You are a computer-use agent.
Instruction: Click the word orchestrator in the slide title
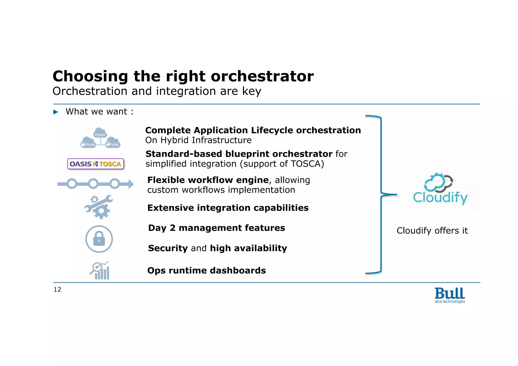pos(262,76)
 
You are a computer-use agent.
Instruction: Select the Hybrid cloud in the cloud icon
pos(100,134)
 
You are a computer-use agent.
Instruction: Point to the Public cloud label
pos(114,144)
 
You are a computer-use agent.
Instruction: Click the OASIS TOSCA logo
pos(96,164)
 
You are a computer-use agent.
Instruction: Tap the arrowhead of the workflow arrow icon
pos(131,184)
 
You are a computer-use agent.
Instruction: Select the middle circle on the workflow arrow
pos(93,184)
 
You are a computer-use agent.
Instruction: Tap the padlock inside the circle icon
pos(99,239)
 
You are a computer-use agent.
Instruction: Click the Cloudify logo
pos(440,189)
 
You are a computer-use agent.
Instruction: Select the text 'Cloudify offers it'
pos(432,231)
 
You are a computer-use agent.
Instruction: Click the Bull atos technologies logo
pos(450,295)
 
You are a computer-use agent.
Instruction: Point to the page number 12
pos(57,289)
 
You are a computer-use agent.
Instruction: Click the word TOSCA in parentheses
pos(306,164)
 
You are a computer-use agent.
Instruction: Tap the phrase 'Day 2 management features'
pos(217,228)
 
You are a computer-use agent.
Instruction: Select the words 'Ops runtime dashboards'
pos(206,270)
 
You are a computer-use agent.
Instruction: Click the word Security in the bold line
pos(168,248)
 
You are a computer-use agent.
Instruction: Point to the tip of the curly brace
pos(396,195)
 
